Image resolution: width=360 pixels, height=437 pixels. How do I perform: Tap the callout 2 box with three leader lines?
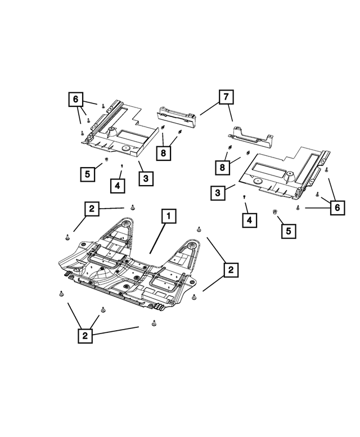click(84, 336)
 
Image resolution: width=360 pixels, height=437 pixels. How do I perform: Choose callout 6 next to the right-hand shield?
click(336, 208)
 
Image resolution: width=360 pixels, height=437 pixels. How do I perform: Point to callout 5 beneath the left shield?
click(87, 174)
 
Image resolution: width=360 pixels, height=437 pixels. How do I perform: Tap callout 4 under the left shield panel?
click(118, 184)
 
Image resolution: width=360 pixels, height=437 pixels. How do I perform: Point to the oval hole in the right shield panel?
click(259, 182)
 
